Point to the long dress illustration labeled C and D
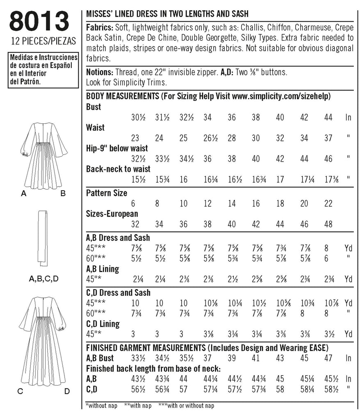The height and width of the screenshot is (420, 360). point(43,340)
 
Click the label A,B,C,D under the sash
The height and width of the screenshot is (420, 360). point(44,279)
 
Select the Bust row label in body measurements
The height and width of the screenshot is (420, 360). point(94,107)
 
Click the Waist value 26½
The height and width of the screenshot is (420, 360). point(208,138)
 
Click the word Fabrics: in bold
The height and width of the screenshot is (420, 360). point(100,27)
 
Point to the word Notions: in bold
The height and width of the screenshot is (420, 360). point(100,72)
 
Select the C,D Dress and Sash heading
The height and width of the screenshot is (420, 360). point(118,293)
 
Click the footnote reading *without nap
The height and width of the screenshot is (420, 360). point(101,406)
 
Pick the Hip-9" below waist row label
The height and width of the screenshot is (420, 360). point(117,148)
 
